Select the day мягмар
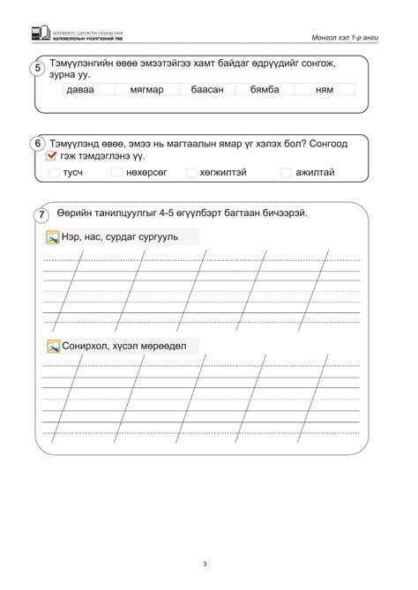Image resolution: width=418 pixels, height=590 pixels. (146, 89)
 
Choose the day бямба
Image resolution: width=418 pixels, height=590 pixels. (265, 89)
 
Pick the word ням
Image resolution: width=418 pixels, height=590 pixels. (324, 89)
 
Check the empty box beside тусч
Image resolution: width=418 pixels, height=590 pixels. (55, 173)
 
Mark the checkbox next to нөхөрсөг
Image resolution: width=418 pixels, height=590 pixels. (116, 173)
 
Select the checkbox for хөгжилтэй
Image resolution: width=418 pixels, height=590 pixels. (190, 173)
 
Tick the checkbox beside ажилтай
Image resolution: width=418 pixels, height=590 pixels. (286, 173)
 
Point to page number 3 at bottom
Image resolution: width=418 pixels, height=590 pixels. (204, 564)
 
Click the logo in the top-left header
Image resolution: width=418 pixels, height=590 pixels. (36, 34)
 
